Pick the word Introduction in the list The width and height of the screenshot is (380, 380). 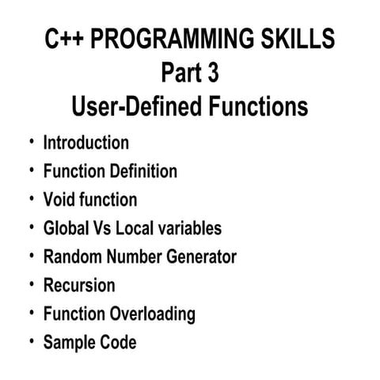pos(85,143)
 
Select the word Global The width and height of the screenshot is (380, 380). pos(66,229)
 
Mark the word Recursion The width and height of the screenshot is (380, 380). pos(79,286)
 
